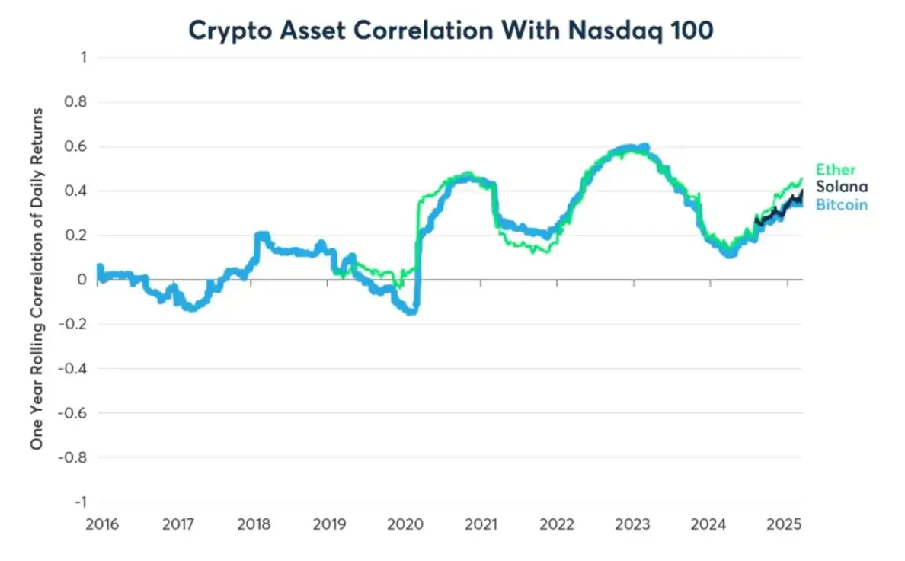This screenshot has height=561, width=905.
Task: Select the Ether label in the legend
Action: point(836,169)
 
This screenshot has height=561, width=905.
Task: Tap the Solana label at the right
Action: point(841,187)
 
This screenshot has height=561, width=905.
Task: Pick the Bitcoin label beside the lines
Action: point(841,204)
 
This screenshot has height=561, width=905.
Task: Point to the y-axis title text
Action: point(37,278)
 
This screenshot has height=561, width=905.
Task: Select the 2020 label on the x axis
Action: point(405,525)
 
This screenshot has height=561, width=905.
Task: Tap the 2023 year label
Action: point(633,525)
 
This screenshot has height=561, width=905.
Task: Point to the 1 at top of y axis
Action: point(82,58)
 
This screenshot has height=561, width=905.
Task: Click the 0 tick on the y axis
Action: point(82,280)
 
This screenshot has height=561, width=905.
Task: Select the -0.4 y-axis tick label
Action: point(74,368)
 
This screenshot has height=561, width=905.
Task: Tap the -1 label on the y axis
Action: point(79,502)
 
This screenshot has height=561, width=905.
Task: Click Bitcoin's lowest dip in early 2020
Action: point(412,311)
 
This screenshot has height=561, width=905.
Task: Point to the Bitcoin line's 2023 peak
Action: point(644,147)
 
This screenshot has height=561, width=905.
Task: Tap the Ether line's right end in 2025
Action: point(801,179)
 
